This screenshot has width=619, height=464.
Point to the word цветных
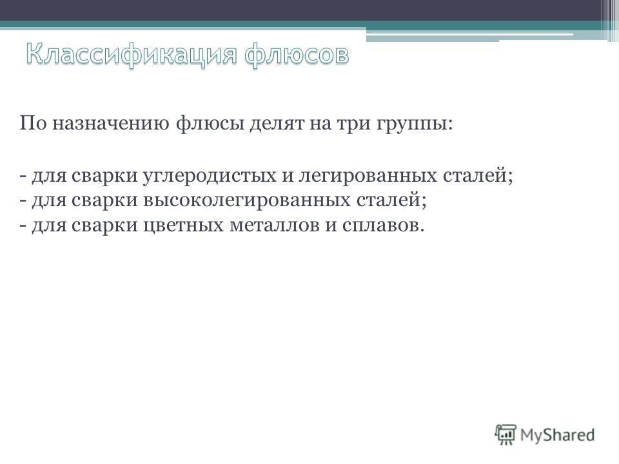(x=183, y=226)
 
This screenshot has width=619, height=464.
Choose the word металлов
(x=275, y=226)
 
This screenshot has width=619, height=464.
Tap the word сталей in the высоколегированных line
(x=389, y=200)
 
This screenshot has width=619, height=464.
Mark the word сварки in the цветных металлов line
(x=104, y=226)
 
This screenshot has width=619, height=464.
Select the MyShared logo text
(x=557, y=435)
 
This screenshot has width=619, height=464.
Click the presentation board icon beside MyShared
(x=506, y=434)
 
